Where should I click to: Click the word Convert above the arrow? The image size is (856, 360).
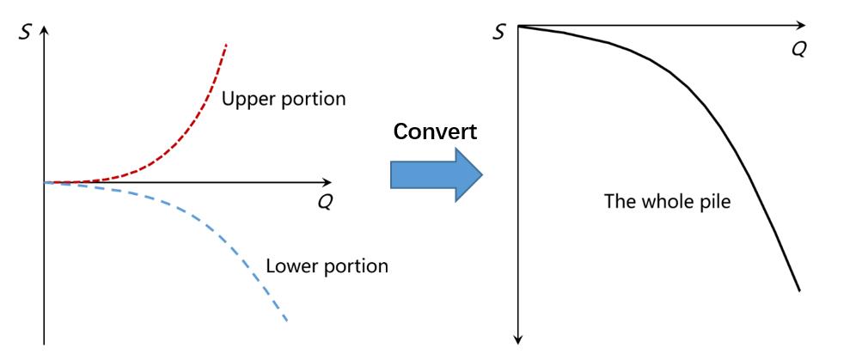pyautogui.click(x=436, y=132)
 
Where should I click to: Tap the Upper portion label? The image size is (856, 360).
pyautogui.click(x=284, y=99)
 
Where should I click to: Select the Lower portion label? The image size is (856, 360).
pyautogui.click(x=327, y=265)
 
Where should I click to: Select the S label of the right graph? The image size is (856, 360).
pyautogui.click(x=499, y=33)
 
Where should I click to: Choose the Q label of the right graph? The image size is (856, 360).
pyautogui.click(x=798, y=49)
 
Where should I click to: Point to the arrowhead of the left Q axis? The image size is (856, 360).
pyautogui.click(x=327, y=182)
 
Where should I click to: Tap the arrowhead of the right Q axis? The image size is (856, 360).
pyautogui.click(x=801, y=26)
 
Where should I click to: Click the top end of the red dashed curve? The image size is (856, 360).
pyautogui.click(x=226, y=43)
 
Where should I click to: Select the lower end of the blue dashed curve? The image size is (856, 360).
pyautogui.click(x=286, y=322)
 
